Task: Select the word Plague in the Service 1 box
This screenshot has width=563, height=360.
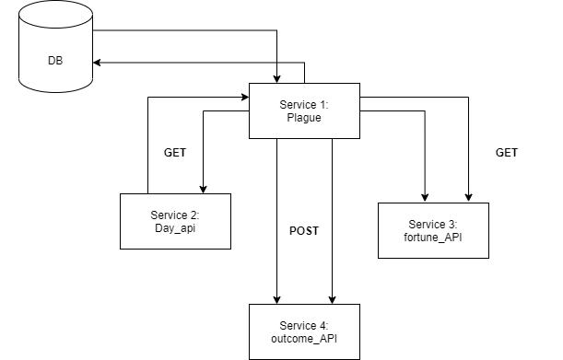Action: pos(303,117)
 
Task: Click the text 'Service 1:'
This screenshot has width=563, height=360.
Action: pos(303,104)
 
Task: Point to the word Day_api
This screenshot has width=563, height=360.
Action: pos(174,227)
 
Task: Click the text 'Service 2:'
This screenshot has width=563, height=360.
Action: pos(174,215)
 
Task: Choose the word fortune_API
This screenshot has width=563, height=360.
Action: pos(432,237)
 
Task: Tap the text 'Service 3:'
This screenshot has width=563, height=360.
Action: pos(432,224)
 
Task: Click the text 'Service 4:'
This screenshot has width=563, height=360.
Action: pos(303,325)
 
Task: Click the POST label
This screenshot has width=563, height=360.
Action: pos(304,231)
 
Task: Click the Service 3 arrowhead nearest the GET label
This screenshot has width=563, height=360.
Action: pos(470,197)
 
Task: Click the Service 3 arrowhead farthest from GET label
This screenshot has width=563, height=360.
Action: pos(425,197)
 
